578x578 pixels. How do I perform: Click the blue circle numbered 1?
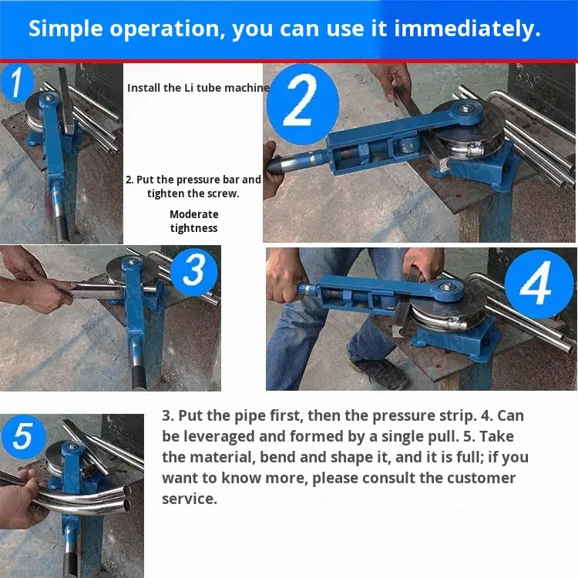coord(17,83)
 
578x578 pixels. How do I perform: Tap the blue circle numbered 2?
coord(303,105)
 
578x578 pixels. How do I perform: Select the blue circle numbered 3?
coord(194,271)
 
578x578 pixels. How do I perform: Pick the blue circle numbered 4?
coord(539,284)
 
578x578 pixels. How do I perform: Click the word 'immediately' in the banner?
coord(468,28)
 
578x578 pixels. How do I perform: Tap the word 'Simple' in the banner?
coord(66,29)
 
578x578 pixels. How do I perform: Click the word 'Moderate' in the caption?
coord(194,214)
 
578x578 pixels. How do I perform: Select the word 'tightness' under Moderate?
coord(194,228)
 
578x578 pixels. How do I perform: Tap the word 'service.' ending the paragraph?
coord(190,499)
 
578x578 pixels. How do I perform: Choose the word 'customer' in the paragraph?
coord(481,478)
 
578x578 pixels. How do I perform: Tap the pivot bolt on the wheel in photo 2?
coord(466,109)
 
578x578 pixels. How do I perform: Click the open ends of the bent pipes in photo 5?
coord(127,498)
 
